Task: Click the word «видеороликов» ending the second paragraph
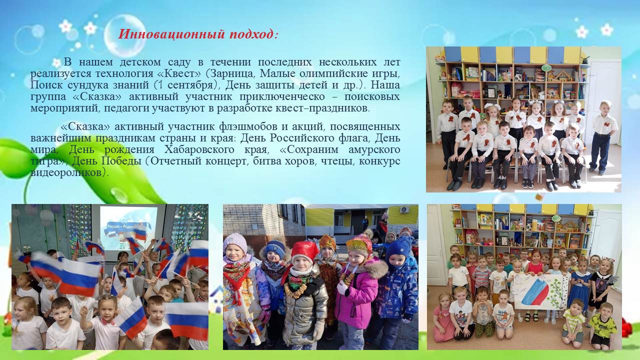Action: [x=68, y=172]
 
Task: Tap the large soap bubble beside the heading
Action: [x=125, y=35]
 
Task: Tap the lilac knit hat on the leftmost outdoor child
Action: [x=235, y=243]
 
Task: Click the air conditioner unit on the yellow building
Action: [x=404, y=209]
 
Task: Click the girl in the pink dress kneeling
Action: [x=442, y=317]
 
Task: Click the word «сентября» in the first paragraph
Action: [x=190, y=85]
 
